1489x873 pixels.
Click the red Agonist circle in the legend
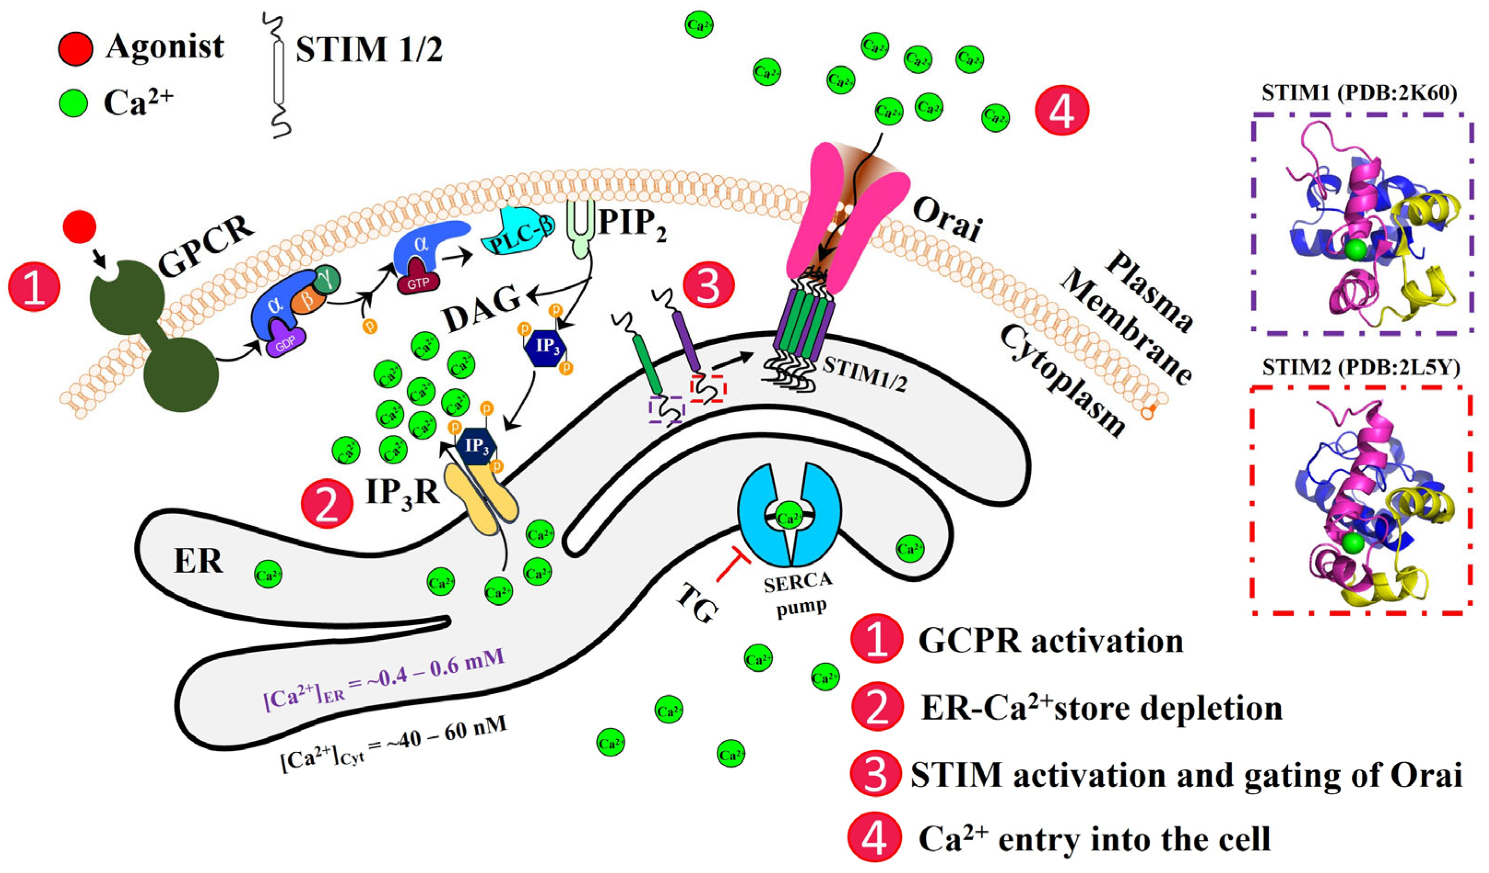click(x=76, y=48)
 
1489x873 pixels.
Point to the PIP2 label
click(x=631, y=225)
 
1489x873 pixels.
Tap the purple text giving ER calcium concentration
click(x=384, y=686)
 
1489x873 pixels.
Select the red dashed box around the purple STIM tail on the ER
click(x=708, y=389)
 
